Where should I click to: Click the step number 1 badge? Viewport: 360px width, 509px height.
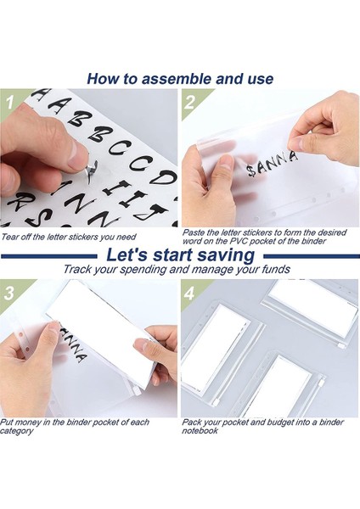(x=9, y=102)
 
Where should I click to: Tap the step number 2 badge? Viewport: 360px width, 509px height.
(x=189, y=102)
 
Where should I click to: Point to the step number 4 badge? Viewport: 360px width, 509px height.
(x=189, y=293)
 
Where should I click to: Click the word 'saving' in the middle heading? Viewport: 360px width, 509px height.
(x=226, y=255)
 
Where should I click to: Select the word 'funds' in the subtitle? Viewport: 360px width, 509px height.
(x=276, y=269)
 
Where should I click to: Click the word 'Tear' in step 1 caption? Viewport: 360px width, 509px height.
(x=8, y=237)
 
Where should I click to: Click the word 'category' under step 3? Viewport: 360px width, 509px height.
(x=16, y=431)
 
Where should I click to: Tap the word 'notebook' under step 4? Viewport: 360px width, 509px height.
(x=200, y=431)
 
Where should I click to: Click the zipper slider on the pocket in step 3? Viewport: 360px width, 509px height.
(x=136, y=391)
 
